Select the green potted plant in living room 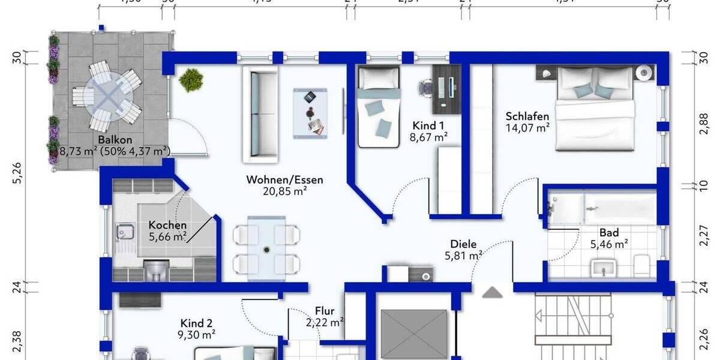pos(191,79)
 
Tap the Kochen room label pos(167,225)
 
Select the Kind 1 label pos(428,125)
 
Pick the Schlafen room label pos(527,116)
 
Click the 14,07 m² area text pos(527,127)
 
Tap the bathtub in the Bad pos(618,208)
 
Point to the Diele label pos(463,244)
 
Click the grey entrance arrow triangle pos(493,292)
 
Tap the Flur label pos(324,311)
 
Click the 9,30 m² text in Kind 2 pos(197,335)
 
